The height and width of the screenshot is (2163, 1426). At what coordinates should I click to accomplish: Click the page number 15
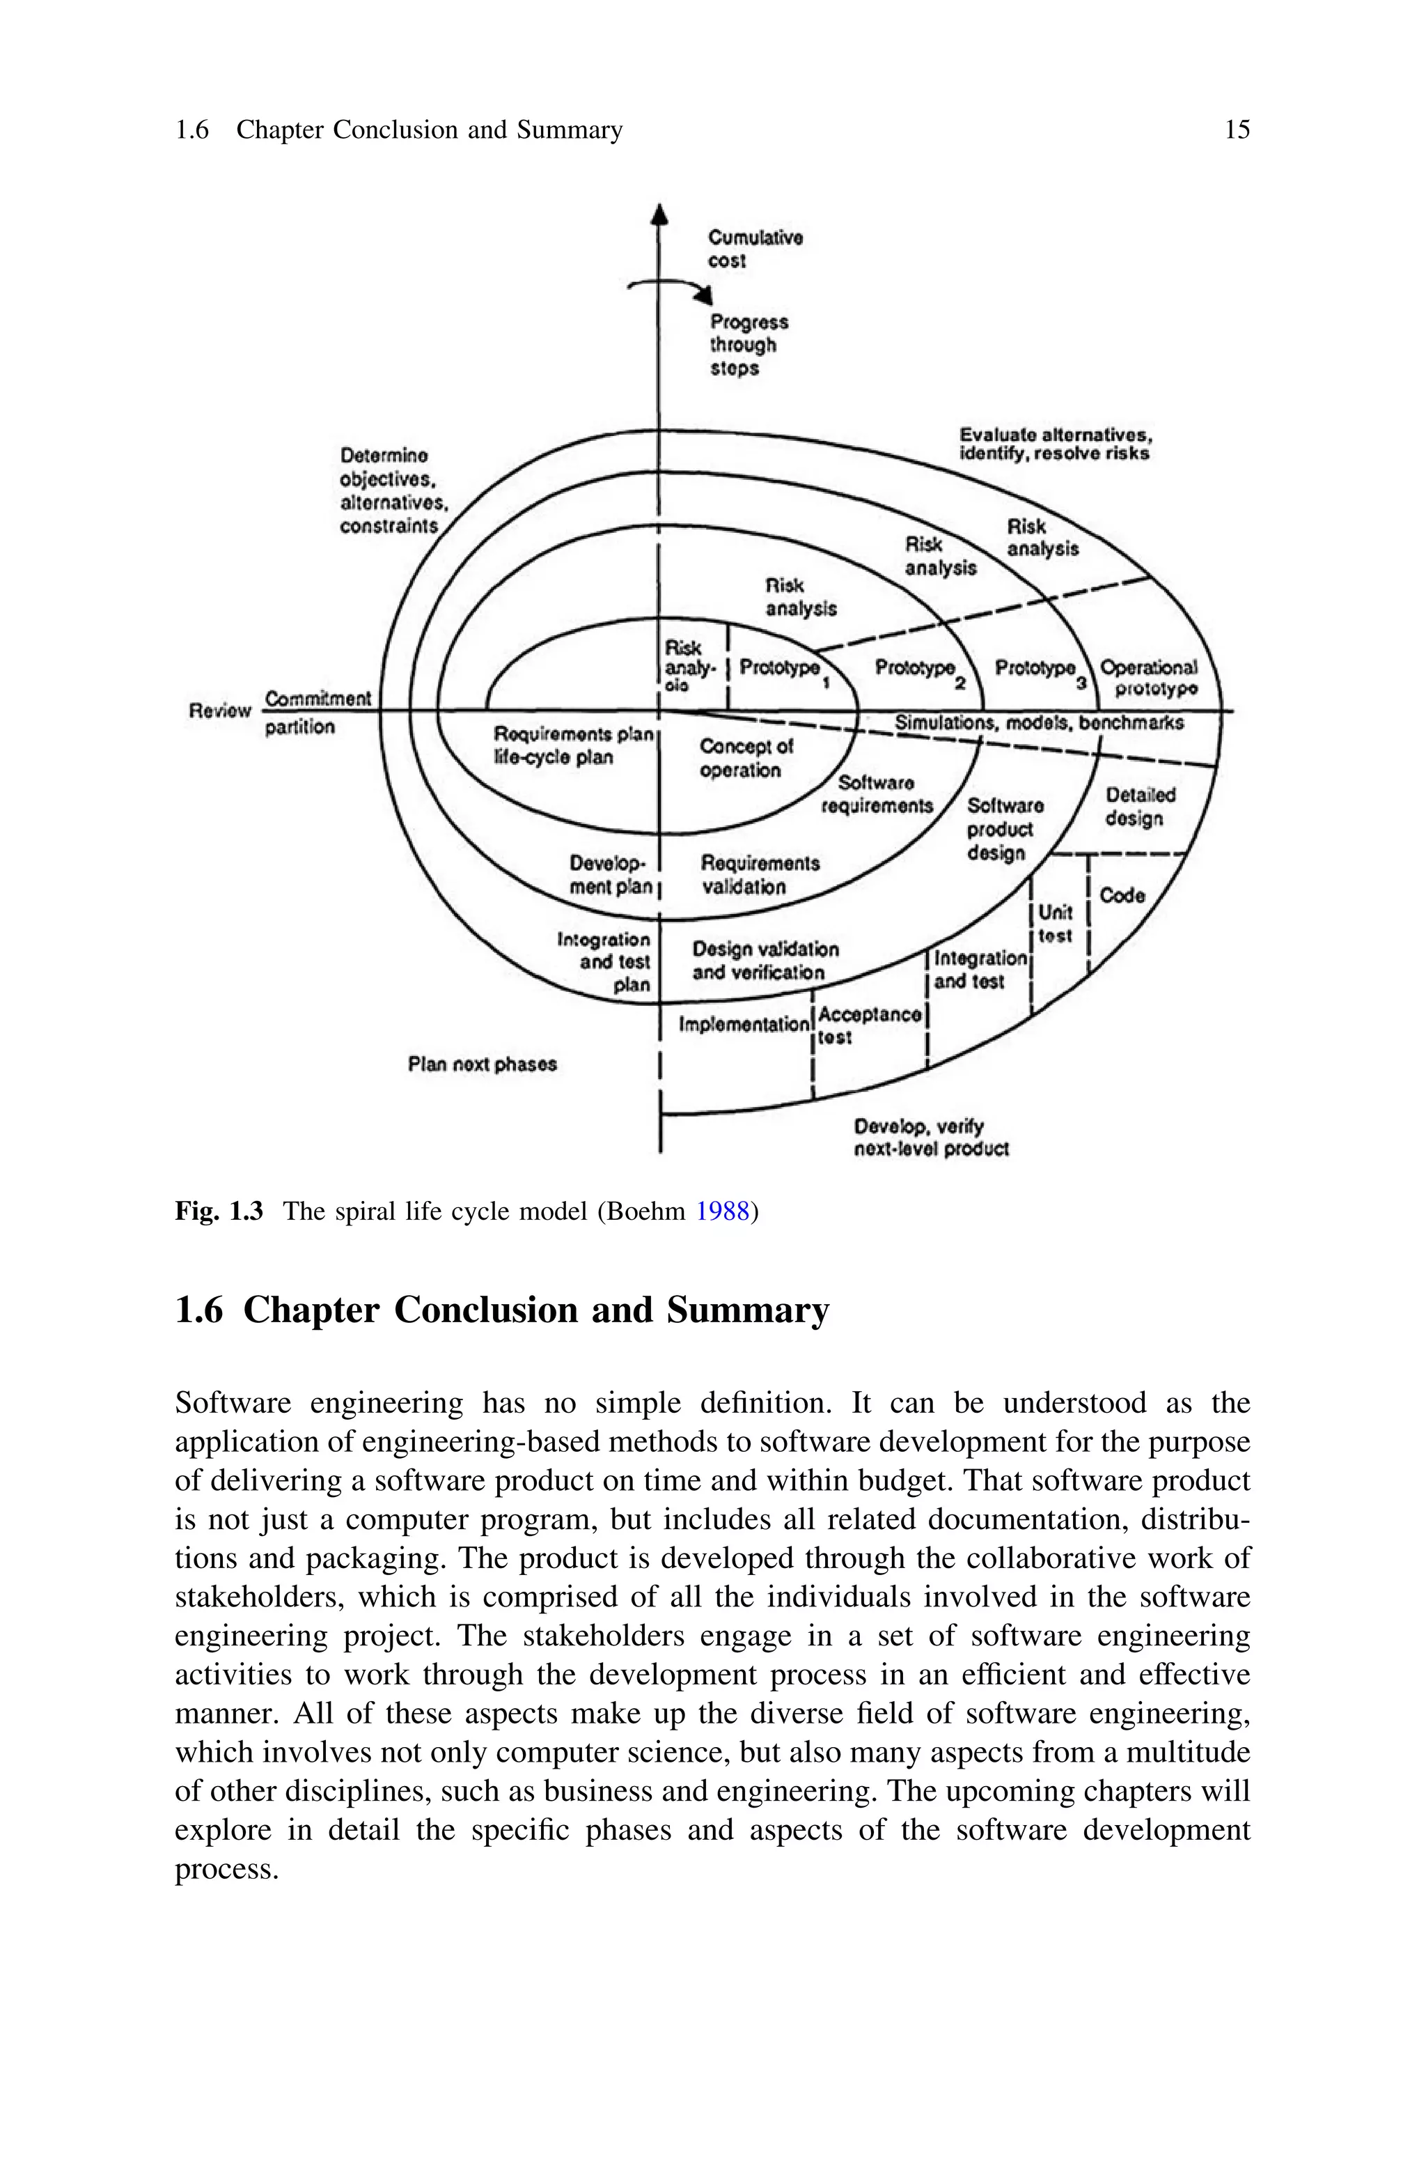pos(1237,130)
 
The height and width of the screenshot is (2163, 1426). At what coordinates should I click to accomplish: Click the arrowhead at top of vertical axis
pos(660,214)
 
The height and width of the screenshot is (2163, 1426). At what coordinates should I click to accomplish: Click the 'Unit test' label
pos(1055,923)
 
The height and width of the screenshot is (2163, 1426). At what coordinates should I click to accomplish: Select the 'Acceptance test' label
pos(870,1025)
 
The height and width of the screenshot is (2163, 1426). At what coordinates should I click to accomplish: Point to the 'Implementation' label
pos(743,1025)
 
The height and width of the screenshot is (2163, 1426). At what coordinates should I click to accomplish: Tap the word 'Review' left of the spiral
pos(219,711)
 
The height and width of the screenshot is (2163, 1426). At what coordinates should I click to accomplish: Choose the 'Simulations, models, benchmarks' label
pos(1039,723)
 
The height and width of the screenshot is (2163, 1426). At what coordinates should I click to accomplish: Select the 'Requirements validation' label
pos(760,874)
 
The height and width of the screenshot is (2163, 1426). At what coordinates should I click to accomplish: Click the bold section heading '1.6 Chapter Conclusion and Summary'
pos(502,1311)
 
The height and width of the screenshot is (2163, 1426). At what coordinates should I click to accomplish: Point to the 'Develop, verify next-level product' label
pos(930,1138)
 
